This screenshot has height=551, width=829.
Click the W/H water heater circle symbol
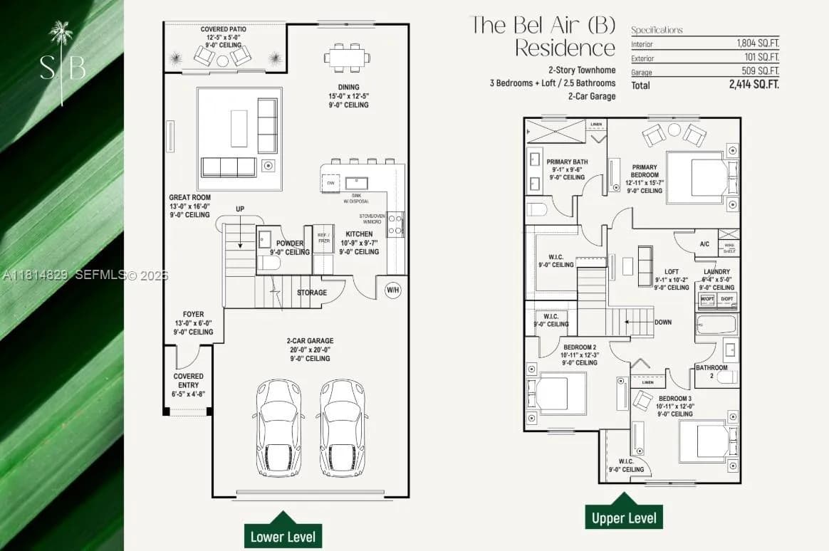point(392,290)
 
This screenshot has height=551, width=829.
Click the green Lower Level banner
point(283,536)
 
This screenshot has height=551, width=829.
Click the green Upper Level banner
point(624,518)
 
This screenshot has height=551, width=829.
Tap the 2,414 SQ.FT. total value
point(754,85)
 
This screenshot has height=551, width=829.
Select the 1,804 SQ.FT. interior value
point(757,43)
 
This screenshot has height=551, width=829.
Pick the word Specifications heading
point(657,30)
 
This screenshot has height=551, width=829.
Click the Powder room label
point(290,243)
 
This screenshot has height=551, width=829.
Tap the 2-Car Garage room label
point(310,341)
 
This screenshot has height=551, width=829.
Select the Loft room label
point(672,271)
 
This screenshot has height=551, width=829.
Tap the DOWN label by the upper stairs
point(663,322)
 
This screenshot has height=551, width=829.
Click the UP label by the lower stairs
point(240,209)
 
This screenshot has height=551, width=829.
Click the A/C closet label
point(704,244)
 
